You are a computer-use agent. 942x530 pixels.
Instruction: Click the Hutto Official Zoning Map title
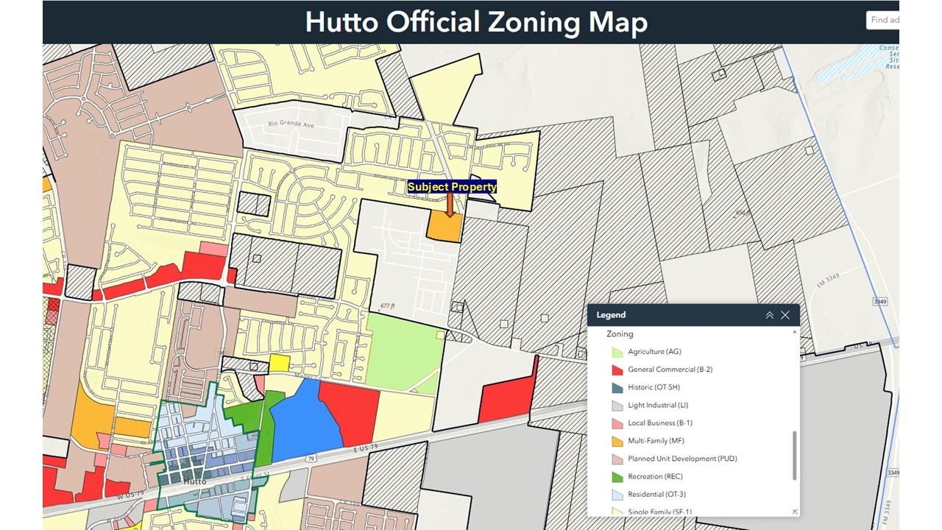[476, 22]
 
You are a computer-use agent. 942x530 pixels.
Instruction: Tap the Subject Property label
[452, 187]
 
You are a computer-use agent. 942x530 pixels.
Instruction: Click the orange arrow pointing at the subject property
[450, 205]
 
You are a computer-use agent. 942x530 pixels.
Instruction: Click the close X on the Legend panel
[785, 315]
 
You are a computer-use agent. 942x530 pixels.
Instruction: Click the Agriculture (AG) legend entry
[655, 352]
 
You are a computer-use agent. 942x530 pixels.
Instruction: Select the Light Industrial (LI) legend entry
[657, 405]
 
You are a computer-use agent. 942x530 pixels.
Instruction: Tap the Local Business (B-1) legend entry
[659, 423]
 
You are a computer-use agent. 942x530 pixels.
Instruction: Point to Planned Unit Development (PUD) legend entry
[681, 459]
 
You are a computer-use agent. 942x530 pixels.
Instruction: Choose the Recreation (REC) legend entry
[655, 476]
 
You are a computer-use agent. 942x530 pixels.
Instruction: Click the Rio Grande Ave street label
[291, 125]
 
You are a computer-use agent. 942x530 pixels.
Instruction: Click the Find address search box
[882, 21]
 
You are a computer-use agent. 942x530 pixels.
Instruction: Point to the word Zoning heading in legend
[620, 334]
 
